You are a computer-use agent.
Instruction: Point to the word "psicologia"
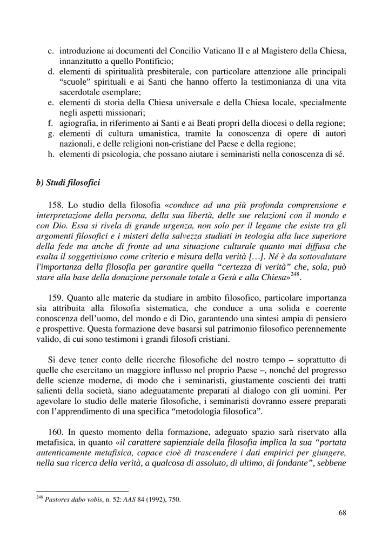pos(120,156)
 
